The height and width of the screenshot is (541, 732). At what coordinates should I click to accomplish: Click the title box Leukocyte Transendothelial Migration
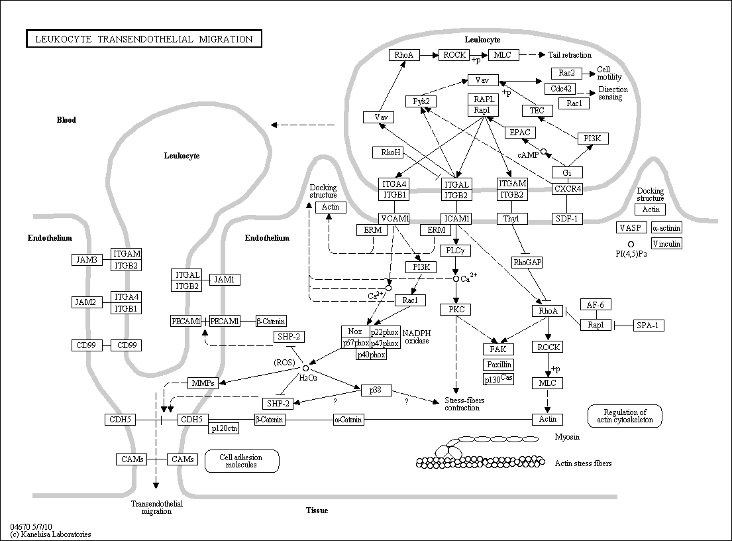click(144, 38)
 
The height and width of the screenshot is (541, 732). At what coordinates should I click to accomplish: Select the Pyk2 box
click(421, 101)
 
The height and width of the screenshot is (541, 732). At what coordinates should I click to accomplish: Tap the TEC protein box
click(537, 111)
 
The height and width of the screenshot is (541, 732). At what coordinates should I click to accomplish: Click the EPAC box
click(520, 133)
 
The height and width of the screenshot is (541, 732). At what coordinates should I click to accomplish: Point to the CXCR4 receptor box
click(567, 189)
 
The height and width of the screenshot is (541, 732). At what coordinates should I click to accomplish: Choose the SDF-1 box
click(567, 218)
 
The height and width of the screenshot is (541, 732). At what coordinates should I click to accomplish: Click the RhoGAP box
click(527, 263)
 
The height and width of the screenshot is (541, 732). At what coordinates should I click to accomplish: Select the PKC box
click(456, 309)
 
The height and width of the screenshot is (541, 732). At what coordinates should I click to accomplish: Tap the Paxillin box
click(499, 365)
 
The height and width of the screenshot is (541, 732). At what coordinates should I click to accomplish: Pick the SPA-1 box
click(648, 326)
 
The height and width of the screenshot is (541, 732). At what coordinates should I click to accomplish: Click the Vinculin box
click(666, 243)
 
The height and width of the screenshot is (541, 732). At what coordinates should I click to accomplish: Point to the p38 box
click(376, 390)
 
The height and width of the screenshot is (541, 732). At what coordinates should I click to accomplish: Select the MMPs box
click(203, 383)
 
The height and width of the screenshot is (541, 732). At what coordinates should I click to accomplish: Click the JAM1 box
click(225, 280)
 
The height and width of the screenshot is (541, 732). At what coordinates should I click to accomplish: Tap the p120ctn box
click(224, 428)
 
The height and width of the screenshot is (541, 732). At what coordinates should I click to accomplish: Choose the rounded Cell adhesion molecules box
click(242, 461)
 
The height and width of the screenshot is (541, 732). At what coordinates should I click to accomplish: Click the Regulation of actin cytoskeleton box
click(625, 416)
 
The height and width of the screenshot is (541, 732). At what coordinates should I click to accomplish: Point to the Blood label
click(66, 120)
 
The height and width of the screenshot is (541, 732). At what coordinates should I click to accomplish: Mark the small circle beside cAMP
click(543, 151)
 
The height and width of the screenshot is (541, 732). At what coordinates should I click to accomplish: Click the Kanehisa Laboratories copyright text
click(50, 534)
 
